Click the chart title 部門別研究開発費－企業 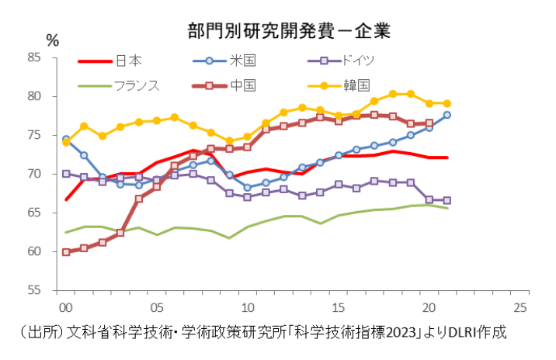288,32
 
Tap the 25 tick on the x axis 521,306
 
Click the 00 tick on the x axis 66,306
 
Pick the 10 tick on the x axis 248,306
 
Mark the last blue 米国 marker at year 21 447,115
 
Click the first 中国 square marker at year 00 66,252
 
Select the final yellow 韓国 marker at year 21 447,103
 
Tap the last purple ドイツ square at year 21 447,200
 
